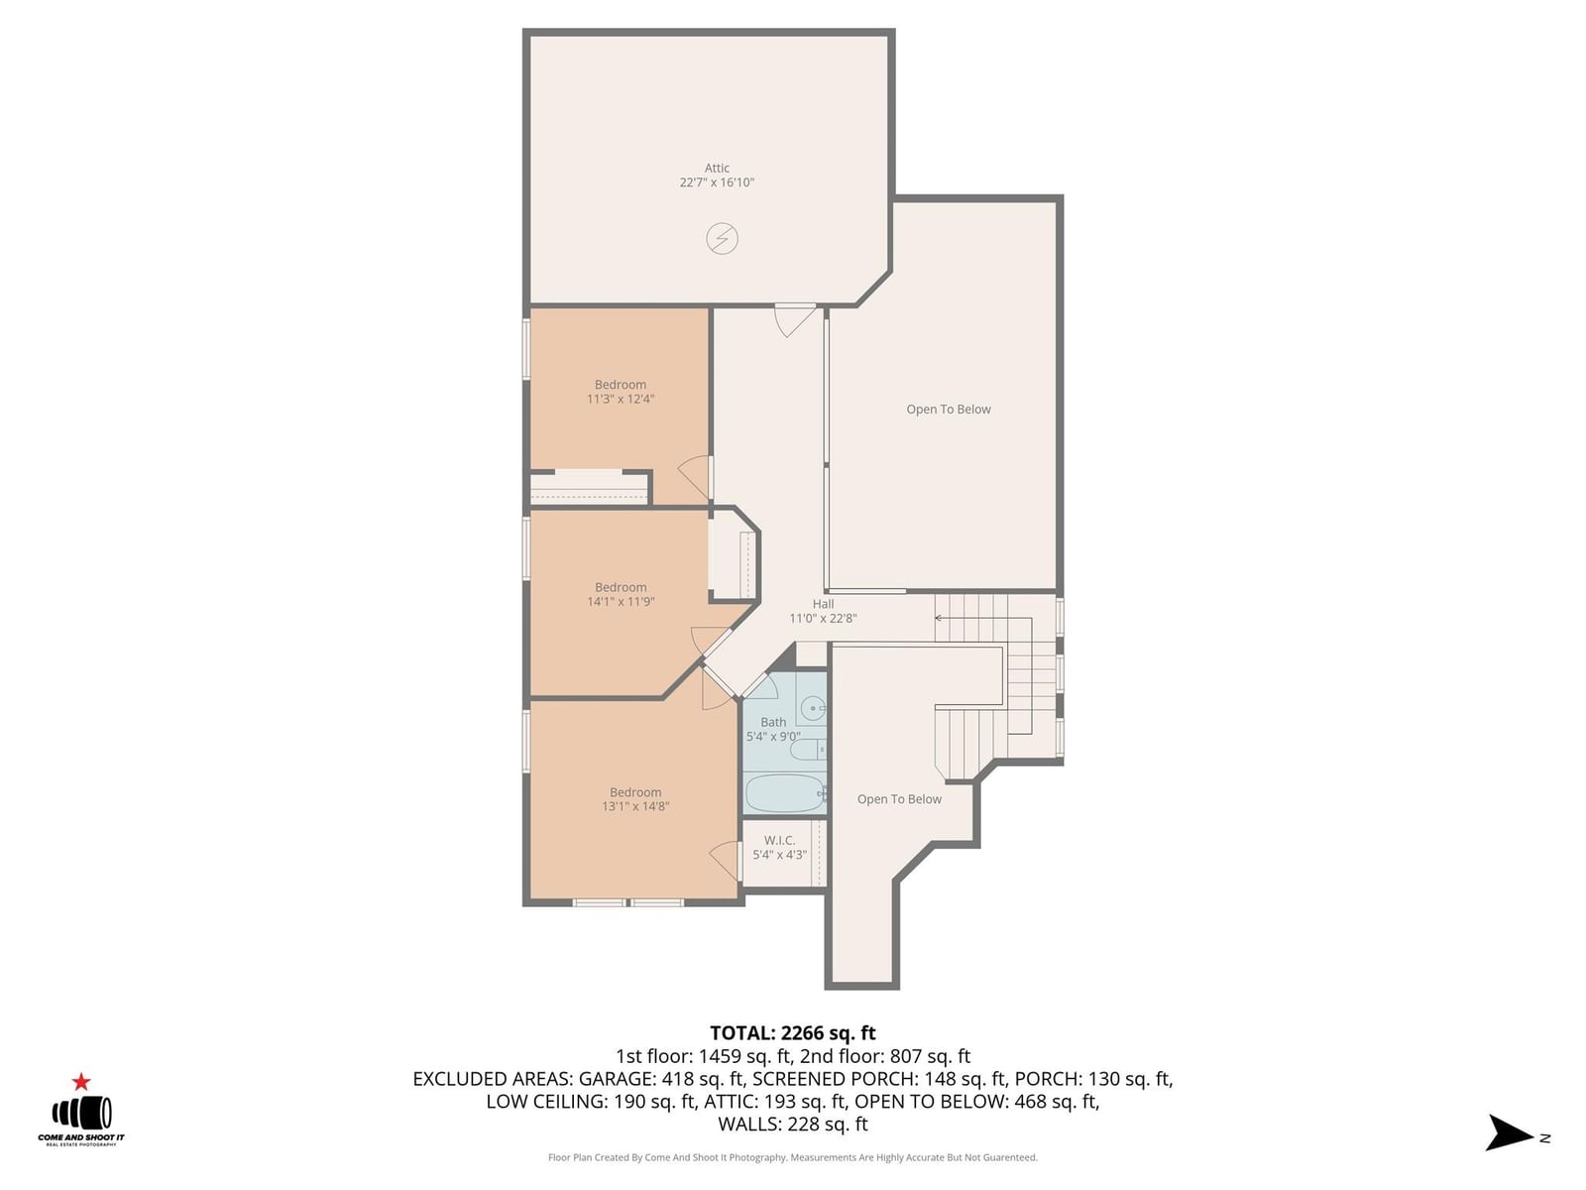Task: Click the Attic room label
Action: [717, 168]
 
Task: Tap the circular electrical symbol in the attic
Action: [722, 238]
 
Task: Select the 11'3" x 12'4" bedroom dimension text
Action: [620, 399]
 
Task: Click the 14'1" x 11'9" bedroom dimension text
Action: [621, 601]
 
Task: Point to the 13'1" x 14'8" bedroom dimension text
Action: [635, 806]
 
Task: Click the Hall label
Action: [823, 604]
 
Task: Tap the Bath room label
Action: [773, 722]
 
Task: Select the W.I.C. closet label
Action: [780, 840]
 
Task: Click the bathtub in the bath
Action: [785, 793]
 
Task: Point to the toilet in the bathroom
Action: [808, 750]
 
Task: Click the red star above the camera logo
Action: [81, 1082]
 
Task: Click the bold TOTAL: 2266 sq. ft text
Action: [793, 1033]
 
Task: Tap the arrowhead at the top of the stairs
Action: [938, 619]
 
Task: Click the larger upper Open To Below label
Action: [948, 409]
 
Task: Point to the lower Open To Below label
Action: [899, 799]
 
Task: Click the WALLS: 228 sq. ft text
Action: [793, 1125]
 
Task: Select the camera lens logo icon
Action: [81, 1114]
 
